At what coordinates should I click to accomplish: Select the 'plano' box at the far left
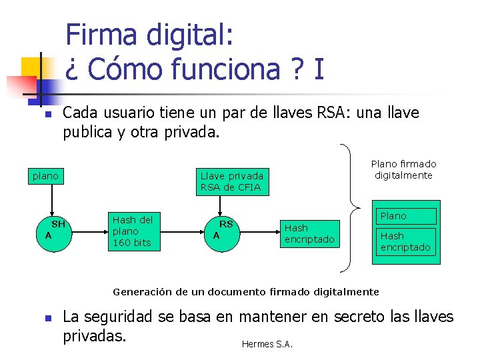(46, 176)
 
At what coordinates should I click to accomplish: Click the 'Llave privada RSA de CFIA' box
(232, 181)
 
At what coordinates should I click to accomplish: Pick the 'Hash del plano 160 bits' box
(133, 231)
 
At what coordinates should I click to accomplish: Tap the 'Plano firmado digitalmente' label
(403, 169)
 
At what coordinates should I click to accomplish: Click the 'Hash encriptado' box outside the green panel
(309, 233)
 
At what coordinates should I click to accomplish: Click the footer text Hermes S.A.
(267, 344)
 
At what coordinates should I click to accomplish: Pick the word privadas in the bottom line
(94, 335)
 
